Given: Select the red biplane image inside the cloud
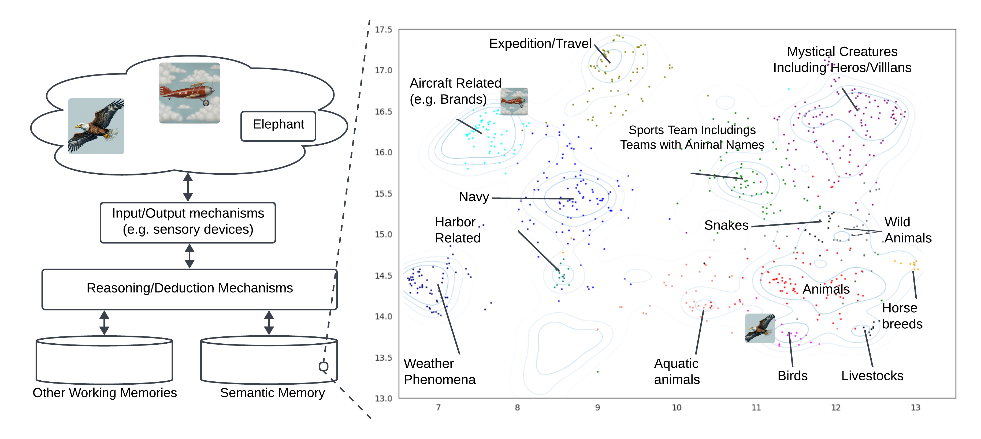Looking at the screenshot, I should click(x=189, y=93).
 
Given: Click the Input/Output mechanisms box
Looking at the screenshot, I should click(x=188, y=222).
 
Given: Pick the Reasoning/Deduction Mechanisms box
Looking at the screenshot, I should click(x=189, y=289).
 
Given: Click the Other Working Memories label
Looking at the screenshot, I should click(x=105, y=393).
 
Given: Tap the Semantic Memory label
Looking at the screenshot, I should click(x=272, y=393).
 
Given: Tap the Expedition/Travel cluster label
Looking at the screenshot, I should click(x=540, y=44).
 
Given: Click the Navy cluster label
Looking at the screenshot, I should click(x=474, y=197).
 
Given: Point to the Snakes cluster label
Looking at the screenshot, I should click(x=726, y=225).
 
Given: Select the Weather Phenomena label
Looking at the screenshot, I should click(x=440, y=371).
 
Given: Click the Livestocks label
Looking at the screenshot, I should click(x=872, y=376).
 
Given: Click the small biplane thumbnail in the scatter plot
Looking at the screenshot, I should click(x=514, y=102).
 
